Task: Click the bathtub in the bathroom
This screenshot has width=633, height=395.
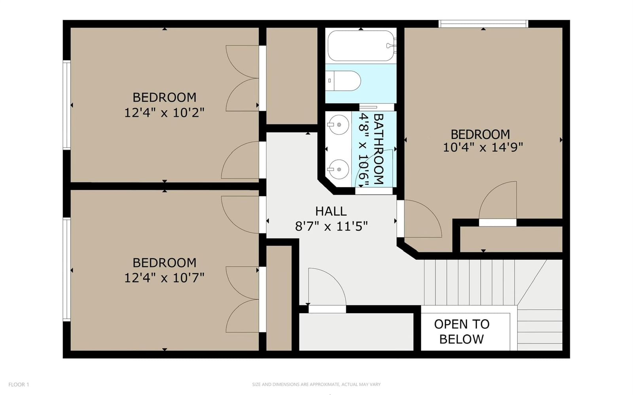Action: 360,46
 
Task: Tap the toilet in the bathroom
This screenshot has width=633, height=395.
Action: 343,81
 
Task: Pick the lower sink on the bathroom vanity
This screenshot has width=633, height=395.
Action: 338,169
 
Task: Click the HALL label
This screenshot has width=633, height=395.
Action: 331,211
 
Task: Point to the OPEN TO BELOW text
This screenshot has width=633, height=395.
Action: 462,331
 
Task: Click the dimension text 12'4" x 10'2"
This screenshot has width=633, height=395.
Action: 164,113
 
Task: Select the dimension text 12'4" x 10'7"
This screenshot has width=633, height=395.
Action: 164,278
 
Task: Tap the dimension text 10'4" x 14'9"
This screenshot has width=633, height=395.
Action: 483,147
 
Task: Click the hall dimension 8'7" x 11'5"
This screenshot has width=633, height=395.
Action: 331,226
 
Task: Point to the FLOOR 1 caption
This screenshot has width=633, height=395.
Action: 19,385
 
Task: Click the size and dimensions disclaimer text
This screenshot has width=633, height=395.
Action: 316,384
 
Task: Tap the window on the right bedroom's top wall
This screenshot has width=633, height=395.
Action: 483,24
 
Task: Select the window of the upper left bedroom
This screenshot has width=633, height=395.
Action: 67,105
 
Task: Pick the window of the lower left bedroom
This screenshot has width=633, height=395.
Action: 67,270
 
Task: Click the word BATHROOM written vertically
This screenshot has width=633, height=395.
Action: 379,149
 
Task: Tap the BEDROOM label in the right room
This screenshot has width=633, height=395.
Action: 480,134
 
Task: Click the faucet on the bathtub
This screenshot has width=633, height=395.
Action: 391,45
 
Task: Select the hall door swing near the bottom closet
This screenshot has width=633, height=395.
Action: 327,286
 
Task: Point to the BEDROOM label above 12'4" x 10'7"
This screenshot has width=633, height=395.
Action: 165,263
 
